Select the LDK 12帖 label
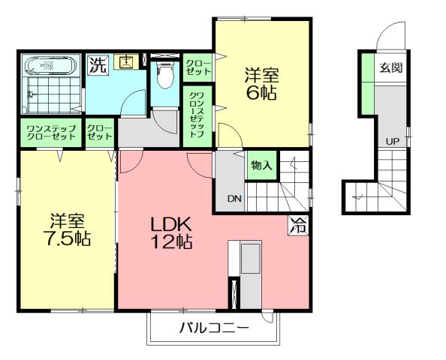173,232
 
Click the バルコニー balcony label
213,328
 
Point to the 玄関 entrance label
390,67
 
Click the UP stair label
392,141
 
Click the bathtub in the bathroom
50,66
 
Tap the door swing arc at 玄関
390,34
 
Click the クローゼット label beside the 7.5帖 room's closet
99,132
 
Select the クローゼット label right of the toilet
197,65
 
